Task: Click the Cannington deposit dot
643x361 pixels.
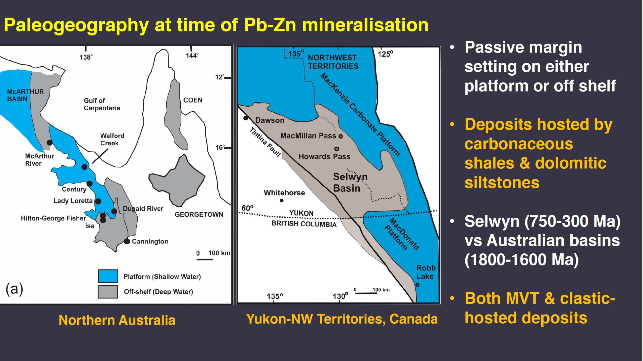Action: [127, 241]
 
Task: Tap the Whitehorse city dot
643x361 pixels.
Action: [282, 200]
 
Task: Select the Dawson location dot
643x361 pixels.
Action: [246, 118]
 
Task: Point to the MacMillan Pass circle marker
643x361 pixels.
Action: [341, 136]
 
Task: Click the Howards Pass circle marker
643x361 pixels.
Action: [337, 149]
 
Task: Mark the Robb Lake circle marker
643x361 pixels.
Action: [417, 285]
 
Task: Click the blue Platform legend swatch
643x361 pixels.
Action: [108, 276]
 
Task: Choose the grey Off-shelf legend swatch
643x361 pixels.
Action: [108, 292]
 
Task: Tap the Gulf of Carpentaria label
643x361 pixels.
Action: [102, 104]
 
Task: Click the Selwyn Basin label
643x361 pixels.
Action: [350, 183]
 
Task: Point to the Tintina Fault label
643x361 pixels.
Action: [265, 142]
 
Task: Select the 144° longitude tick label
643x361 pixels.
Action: [192, 56]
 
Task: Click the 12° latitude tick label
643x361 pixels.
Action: [220, 77]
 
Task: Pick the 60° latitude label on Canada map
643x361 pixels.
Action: [247, 208]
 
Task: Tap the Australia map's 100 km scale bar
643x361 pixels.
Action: [205, 259]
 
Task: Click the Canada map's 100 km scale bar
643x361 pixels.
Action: [366, 293]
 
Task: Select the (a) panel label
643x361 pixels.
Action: [14, 289]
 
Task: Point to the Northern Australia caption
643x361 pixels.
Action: [117, 320]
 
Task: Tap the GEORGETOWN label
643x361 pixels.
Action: [199, 214]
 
